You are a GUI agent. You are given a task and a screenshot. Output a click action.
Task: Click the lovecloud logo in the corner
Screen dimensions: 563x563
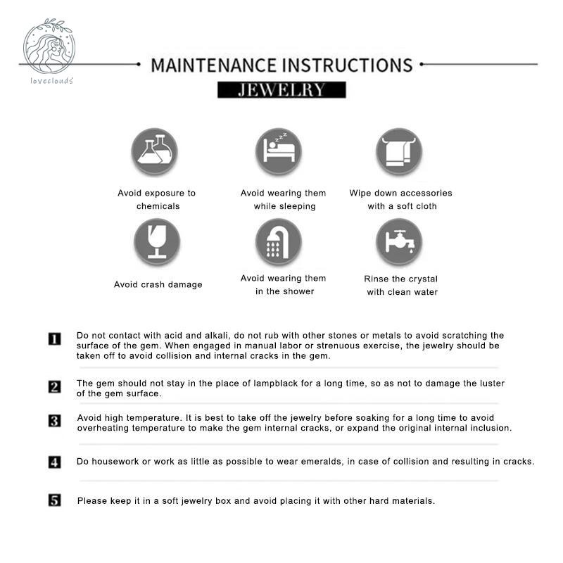[49, 51]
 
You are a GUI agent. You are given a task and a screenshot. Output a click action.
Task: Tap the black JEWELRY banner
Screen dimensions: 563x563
[281, 90]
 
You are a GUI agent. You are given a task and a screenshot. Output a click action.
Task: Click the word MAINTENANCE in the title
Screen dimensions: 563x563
[214, 65]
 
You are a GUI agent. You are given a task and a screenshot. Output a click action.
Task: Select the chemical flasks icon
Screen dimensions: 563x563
[155, 151]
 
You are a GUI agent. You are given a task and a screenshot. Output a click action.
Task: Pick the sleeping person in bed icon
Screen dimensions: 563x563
[279, 151]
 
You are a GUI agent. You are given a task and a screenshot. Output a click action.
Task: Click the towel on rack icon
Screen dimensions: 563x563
[399, 151]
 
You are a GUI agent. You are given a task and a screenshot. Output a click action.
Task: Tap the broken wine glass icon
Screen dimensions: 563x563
[157, 241]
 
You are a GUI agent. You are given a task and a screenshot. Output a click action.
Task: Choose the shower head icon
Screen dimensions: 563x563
[279, 241]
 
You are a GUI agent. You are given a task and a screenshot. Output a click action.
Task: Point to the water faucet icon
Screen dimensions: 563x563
[399, 241]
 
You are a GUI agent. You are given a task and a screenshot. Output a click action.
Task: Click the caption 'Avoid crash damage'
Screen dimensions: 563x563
[158, 285]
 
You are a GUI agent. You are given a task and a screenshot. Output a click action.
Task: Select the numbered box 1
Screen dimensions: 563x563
[55, 339]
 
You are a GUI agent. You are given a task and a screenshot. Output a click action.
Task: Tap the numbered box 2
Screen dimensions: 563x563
[55, 386]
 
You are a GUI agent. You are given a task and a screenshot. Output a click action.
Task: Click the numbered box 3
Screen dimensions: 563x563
[55, 421]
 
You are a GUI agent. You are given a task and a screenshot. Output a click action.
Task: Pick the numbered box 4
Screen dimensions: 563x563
[55, 462]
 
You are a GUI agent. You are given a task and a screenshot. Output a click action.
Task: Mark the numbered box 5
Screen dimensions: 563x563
[55, 500]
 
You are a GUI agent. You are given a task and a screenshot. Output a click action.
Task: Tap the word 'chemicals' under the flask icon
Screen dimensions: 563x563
[158, 206]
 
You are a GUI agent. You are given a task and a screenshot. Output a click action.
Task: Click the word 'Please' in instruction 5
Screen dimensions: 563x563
[91, 501]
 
